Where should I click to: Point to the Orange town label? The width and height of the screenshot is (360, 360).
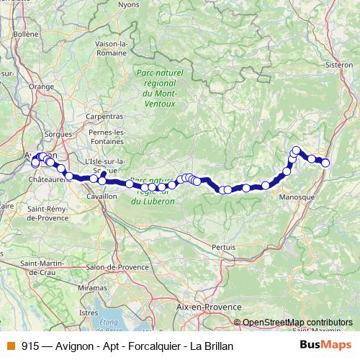coord(42,86)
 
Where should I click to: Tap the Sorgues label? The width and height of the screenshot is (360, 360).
coord(58,134)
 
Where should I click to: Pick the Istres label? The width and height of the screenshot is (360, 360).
coord(88,312)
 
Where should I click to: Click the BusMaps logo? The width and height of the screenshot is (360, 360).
coord(325,345)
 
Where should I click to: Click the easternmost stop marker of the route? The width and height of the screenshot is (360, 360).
coord(325,163)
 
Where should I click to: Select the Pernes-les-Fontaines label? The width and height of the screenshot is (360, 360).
coord(108,137)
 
